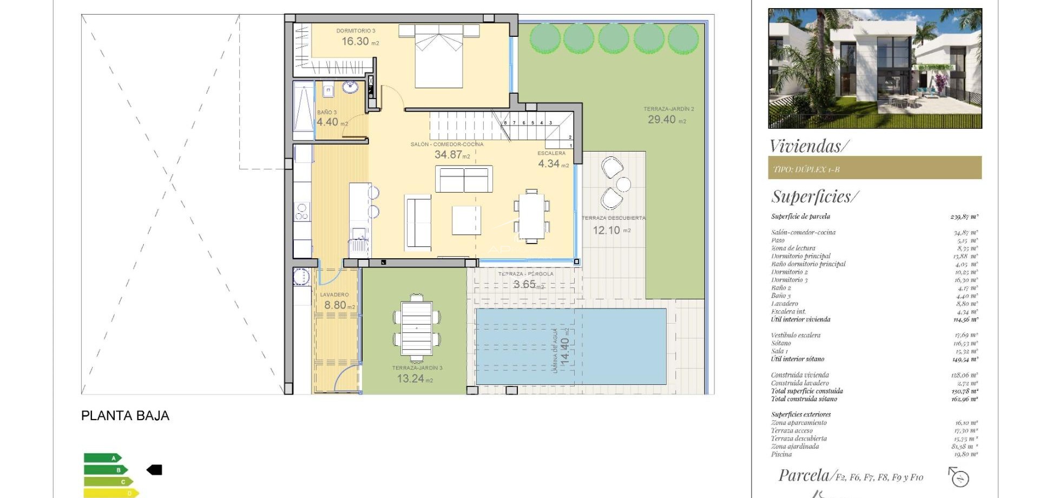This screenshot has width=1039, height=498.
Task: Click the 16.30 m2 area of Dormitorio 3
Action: point(360,42)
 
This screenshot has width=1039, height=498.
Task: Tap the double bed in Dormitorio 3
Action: point(438,57)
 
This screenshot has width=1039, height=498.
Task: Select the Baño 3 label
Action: point(326,113)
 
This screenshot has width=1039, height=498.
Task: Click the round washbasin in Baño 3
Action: point(350,87)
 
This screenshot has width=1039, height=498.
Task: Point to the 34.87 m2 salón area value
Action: point(452,155)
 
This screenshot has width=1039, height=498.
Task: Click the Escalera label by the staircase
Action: point(551,153)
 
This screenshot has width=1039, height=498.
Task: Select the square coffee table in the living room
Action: point(466,220)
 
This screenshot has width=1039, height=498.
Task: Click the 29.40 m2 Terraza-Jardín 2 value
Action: point(666,120)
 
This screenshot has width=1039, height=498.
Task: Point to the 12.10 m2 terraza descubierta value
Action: point(611,230)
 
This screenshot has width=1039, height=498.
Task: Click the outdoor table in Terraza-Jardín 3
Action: point(416,328)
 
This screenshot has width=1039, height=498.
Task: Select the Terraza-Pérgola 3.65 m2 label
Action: point(525,280)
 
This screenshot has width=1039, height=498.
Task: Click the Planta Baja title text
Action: point(125,416)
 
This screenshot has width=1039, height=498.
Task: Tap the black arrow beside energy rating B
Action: point(154,470)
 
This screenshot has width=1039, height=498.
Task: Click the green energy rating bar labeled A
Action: point(102,458)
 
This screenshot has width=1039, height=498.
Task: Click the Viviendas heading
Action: point(809,146)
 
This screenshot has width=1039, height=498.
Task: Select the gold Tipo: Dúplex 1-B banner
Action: point(874,168)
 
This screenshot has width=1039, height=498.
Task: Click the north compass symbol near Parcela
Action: point(959,477)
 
